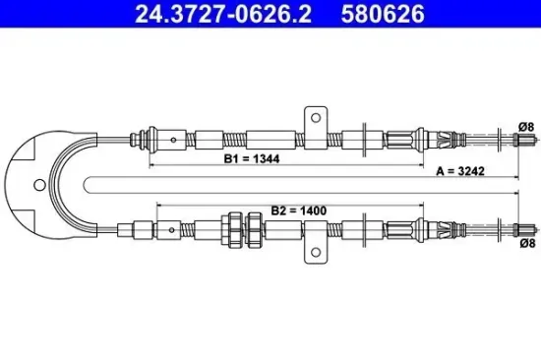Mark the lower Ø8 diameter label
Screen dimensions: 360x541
coord(527,243)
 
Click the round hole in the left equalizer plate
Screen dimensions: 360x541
coord(38,184)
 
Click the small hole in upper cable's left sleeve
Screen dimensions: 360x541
coord(172,139)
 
